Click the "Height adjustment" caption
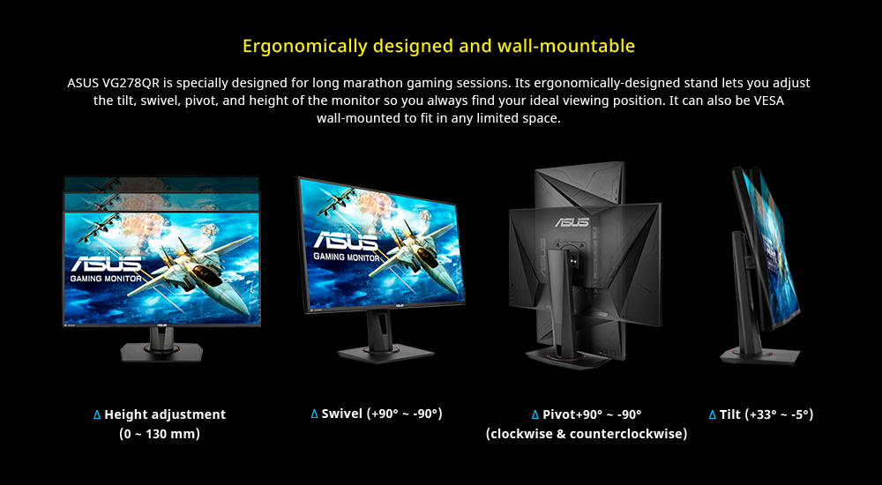coord(165,414)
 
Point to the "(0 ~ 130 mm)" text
coord(160,435)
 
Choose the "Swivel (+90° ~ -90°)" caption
coord(382,414)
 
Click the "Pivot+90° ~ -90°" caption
coord(593,414)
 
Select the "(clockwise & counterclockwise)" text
coord(587,435)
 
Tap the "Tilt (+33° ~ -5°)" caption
coord(766,414)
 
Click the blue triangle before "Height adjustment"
coord(97,415)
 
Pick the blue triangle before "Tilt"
coord(712,415)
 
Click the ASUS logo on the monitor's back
coord(572,221)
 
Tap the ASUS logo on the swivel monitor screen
coord(346,242)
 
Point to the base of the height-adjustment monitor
coord(161,352)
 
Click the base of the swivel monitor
coord(385,354)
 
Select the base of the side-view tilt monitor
coord(759,356)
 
